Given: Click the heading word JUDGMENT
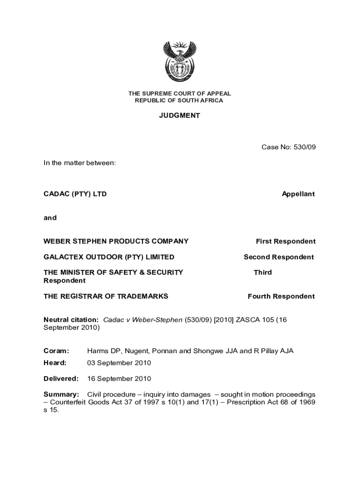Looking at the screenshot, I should pos(180,116).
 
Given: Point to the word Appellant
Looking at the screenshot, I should pos(298,194).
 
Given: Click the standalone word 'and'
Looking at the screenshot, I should pos(50,218).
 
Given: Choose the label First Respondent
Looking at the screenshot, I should pos(285,241).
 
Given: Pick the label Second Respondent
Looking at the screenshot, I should pos(279,257).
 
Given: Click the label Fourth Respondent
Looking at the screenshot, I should pos(281,296).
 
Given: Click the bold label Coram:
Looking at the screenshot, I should pos(56,351).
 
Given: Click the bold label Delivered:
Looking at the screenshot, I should pos(61,378).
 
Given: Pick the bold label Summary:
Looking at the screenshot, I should pos(61,394).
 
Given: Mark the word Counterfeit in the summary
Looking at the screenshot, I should pos(68,402).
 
